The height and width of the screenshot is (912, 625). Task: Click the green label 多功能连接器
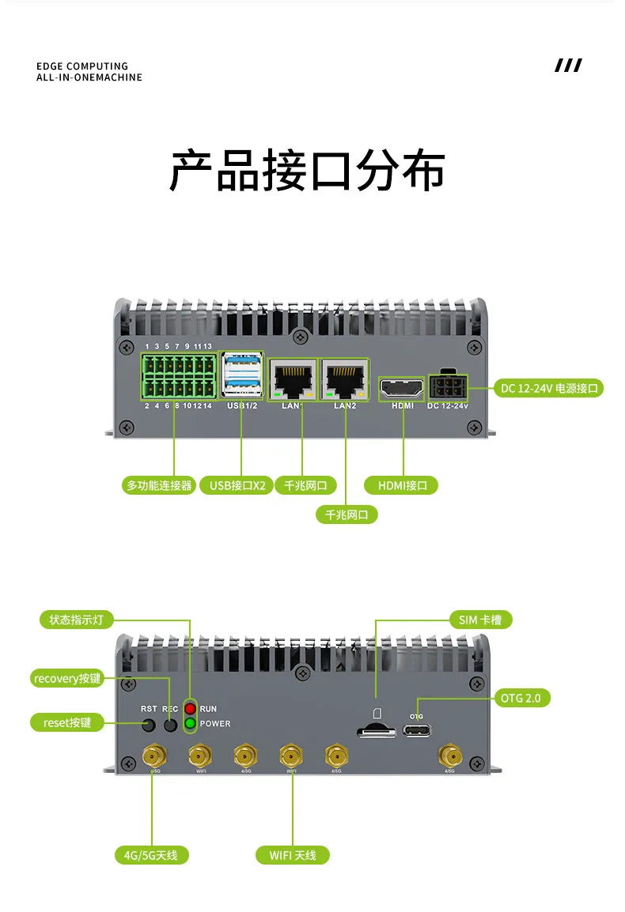(x=159, y=485)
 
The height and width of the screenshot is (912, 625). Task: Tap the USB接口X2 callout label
(x=237, y=485)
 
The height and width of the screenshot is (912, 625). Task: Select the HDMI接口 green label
(x=402, y=485)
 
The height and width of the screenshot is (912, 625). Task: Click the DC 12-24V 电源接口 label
(x=551, y=388)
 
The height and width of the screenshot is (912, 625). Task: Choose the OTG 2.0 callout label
(x=524, y=698)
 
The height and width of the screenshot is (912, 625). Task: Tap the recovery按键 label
(x=67, y=678)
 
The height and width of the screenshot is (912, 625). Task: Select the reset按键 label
(x=67, y=722)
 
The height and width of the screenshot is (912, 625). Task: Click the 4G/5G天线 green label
(x=151, y=855)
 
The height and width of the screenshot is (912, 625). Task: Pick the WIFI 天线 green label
(x=293, y=855)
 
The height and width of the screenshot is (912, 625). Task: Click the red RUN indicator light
(x=191, y=709)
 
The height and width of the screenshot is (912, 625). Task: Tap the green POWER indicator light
(x=191, y=723)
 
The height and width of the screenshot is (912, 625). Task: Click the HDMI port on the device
(x=403, y=388)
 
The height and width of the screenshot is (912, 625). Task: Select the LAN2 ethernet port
(x=345, y=381)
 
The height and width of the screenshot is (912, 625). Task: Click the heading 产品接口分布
(x=307, y=171)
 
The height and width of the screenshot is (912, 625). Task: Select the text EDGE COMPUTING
(x=82, y=66)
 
